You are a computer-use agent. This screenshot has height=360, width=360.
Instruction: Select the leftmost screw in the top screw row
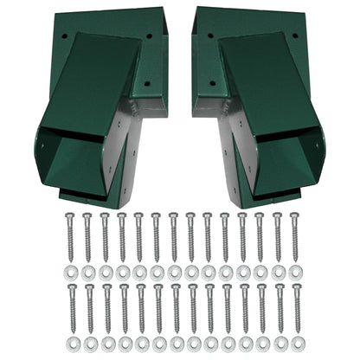(70, 237)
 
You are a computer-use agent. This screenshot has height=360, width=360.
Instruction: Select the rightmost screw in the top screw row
(294, 237)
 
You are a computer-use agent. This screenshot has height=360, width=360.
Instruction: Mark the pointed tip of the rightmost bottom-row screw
(294, 332)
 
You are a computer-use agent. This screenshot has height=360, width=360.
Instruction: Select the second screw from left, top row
(87, 237)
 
